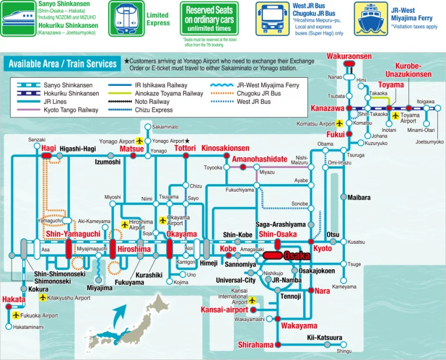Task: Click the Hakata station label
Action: [14, 299]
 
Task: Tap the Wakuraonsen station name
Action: [349, 56]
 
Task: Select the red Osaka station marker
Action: [272, 255]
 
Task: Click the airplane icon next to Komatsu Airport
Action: [339, 124]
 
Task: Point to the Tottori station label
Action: [185, 148]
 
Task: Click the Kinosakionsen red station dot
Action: [226, 156]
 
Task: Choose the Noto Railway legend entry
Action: [139, 102]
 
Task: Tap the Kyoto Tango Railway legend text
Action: [71, 110]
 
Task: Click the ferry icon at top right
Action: [371, 19]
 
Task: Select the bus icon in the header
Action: [272, 19]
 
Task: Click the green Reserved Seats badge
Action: [209, 19]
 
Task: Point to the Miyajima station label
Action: [99, 288]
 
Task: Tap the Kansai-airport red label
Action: [224, 309]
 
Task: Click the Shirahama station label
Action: [256, 345]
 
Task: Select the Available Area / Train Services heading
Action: [63, 64]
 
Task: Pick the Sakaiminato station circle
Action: [148, 127]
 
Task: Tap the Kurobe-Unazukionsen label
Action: [408, 70]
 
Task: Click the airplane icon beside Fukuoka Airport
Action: [16, 315]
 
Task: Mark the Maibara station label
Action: [359, 197]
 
